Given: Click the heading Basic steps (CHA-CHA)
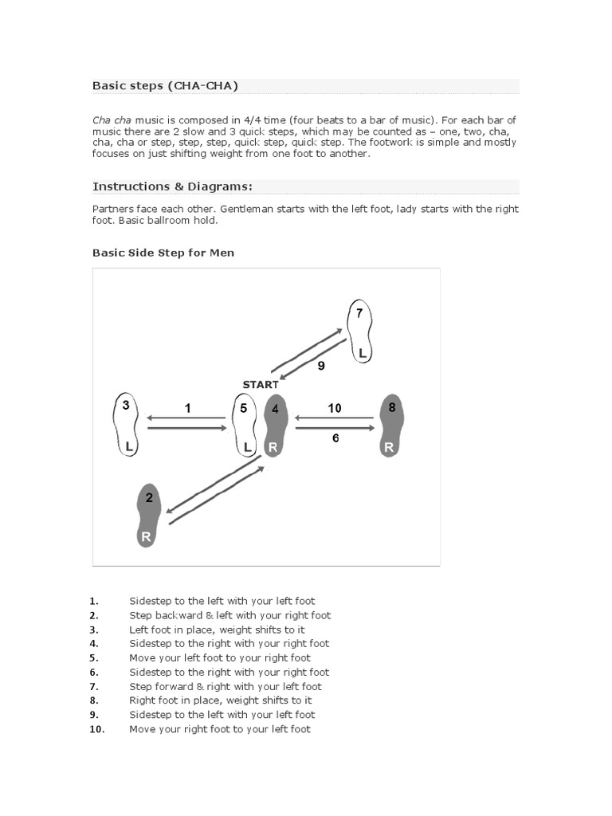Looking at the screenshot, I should coord(165,85).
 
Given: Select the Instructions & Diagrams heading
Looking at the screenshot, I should coord(172,186).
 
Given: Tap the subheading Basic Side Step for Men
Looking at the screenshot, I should coord(163,253).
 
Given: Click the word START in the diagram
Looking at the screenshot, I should coord(261,384).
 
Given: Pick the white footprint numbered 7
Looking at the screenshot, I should coord(361,331).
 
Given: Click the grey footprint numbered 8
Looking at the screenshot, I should coord(390,426).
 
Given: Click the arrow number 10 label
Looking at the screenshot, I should coord(334,408).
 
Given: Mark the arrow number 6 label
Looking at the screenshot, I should coord(335,438).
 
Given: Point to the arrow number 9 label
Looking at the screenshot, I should coord(321,367).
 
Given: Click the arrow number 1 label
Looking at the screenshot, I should coord(187,408).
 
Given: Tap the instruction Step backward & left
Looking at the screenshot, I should coord(229,615).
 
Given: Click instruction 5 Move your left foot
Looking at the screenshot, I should coord(219,658).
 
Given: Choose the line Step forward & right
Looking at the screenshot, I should coord(226,686).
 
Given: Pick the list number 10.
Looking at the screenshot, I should coord(96,729).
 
